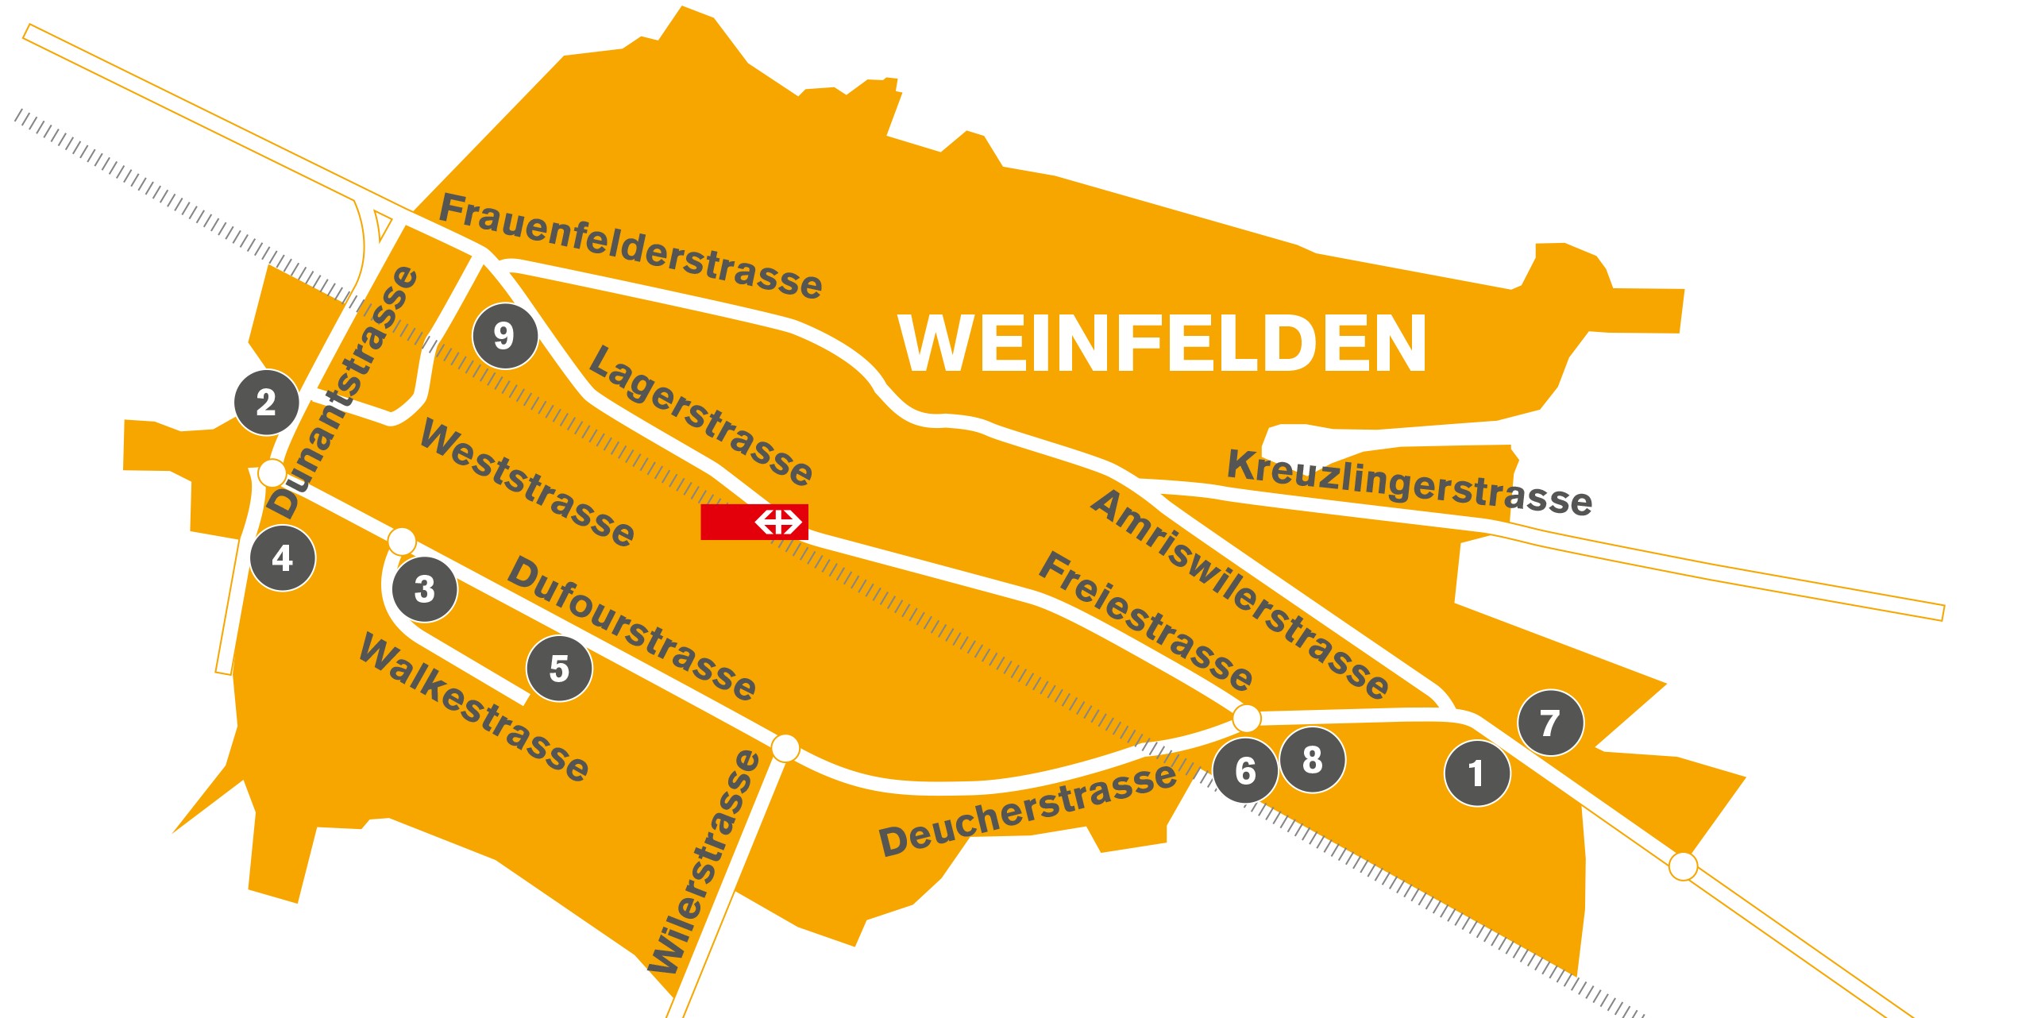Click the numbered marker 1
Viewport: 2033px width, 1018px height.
(x=1476, y=773)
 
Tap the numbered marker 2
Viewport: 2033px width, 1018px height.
(x=266, y=402)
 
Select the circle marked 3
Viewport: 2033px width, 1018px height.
(x=425, y=588)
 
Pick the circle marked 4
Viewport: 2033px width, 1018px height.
(x=282, y=557)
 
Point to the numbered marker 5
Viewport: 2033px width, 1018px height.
(x=559, y=669)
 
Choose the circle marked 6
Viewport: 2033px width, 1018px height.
(x=1245, y=770)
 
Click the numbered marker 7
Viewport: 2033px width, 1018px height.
(x=1549, y=723)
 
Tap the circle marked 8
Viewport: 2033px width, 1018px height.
(x=1312, y=760)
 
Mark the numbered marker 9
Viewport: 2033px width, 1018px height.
(x=504, y=335)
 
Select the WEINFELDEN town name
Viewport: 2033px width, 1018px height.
(x=1162, y=343)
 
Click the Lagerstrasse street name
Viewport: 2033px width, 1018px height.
(x=700, y=415)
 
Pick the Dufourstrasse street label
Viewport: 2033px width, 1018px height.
(x=631, y=627)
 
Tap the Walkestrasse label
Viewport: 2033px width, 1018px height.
(x=474, y=707)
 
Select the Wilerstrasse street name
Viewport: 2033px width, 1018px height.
(x=704, y=862)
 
